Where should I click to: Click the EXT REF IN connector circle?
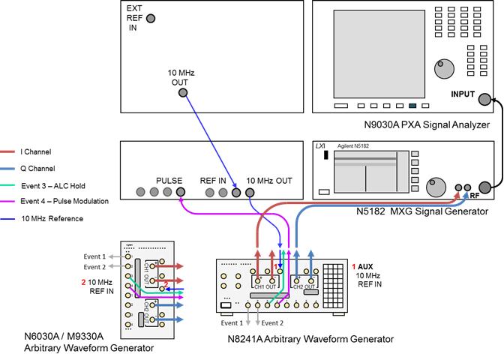point(151,19)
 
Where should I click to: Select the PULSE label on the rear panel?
point(169,181)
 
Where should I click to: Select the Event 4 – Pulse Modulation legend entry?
point(64,201)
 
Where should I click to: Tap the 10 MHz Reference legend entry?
point(53,218)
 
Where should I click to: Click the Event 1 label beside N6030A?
point(94,257)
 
